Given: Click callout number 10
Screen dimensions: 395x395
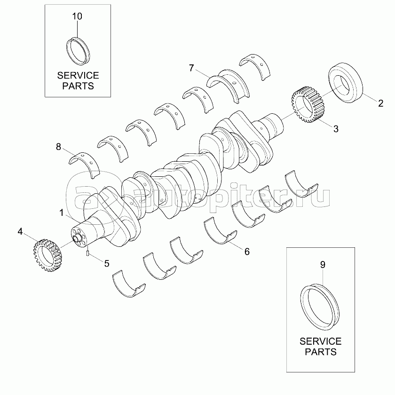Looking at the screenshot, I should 77,16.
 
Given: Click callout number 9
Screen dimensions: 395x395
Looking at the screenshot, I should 323,265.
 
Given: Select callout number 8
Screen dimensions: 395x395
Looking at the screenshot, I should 58,147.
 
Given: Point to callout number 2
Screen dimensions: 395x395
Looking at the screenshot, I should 380,103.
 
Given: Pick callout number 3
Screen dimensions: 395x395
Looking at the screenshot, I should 335,128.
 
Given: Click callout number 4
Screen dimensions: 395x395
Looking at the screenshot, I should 20,231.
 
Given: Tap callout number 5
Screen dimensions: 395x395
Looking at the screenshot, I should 107,263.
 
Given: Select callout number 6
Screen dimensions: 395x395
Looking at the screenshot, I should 247,251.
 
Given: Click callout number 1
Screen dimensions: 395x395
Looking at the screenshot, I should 62,213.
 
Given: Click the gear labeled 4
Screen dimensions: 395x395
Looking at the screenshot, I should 48,256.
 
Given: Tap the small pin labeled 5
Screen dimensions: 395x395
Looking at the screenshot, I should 88,254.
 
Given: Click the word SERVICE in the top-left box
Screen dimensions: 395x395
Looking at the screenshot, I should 78,75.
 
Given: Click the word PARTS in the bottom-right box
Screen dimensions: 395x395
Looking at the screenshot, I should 320,352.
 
